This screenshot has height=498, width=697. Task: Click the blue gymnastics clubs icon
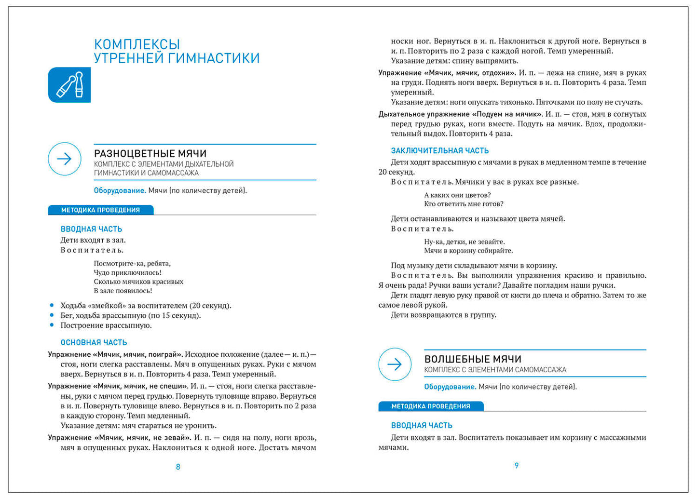[69, 85]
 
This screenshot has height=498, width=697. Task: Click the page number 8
[178, 467]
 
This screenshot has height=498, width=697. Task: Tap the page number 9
[517, 466]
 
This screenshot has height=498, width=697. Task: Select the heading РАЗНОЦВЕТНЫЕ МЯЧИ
[150, 153]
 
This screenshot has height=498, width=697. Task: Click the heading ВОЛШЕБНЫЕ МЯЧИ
[473, 359]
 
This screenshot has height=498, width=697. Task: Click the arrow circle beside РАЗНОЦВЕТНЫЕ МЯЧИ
[65, 159]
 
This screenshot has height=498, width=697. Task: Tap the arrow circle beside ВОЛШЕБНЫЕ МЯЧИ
[395, 364]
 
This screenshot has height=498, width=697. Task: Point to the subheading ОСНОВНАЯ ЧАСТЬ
[94, 342]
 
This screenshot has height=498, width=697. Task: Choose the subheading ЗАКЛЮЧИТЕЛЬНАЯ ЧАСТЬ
[439, 150]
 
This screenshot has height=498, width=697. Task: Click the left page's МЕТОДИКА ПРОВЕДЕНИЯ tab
[100, 210]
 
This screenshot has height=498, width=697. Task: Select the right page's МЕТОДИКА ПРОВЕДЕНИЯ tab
[431, 406]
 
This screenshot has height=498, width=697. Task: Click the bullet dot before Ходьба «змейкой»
[52, 305]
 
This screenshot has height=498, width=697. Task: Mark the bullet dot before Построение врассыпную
[52, 325]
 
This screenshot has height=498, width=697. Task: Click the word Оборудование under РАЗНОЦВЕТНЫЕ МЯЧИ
[119, 190]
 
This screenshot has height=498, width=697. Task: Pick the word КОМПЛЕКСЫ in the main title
[137, 44]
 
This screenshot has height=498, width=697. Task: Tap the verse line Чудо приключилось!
[127, 272]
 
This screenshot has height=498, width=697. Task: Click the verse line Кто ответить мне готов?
[463, 203]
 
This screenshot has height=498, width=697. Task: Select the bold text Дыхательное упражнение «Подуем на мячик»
[460, 114]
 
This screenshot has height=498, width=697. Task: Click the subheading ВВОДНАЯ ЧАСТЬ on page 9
[422, 425]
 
